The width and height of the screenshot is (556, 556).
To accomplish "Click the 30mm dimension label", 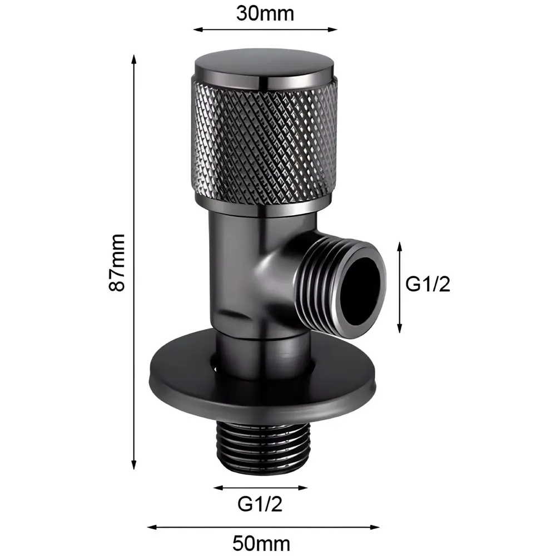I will tap(265, 13).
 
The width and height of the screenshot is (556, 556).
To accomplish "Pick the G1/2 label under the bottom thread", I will tap(260, 504).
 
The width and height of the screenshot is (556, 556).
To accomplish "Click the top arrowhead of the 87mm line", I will tap(134, 58).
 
